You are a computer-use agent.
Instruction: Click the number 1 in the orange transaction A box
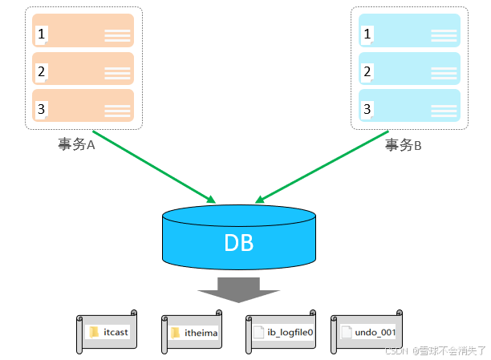tap(42, 34)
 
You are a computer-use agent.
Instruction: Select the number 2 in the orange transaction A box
tap(42, 72)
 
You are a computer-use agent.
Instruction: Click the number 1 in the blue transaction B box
tap(368, 34)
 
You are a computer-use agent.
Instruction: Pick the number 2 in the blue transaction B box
tap(368, 72)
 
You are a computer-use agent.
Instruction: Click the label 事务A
tap(77, 144)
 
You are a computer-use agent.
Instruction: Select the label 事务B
tap(404, 144)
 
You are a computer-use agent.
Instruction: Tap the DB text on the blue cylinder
tap(238, 242)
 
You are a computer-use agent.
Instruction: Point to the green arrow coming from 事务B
tap(321, 164)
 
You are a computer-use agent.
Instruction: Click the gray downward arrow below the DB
tap(239, 289)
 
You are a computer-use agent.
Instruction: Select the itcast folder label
tap(116, 332)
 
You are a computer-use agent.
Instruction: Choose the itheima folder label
tap(201, 332)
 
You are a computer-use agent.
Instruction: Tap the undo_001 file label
tap(375, 332)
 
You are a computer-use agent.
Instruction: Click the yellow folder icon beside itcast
tap(94, 332)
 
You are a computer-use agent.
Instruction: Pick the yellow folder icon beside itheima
tap(175, 332)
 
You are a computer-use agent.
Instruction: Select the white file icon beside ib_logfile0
tap(258, 332)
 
